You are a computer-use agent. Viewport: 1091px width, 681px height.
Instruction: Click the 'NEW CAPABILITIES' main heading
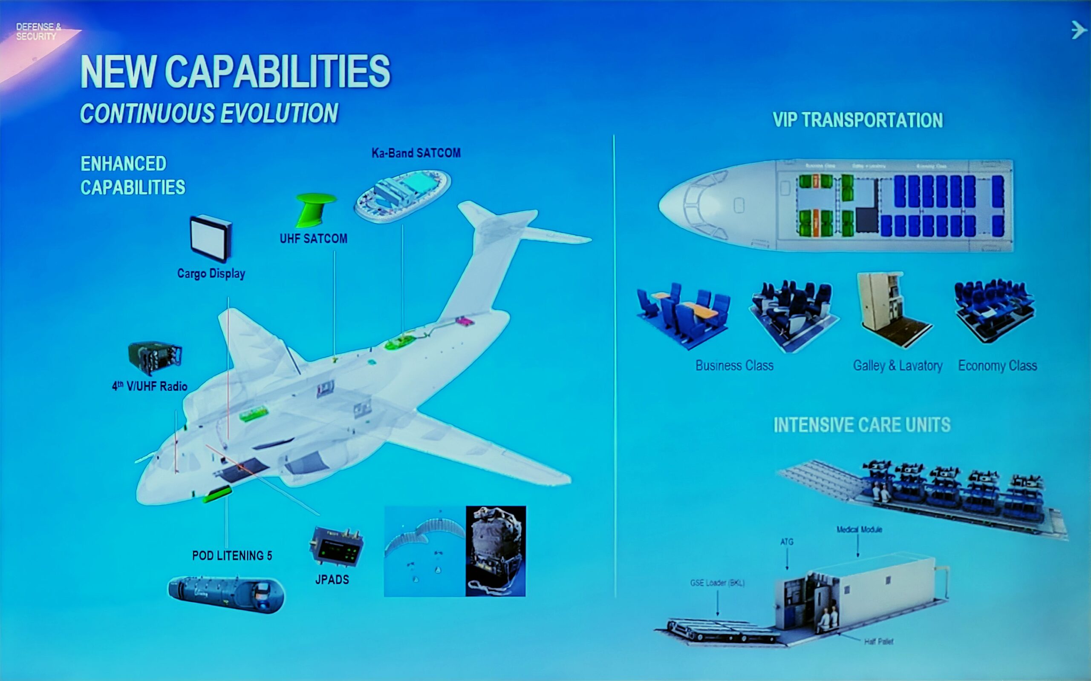pos(235,72)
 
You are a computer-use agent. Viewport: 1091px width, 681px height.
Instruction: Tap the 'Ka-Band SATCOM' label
pos(416,153)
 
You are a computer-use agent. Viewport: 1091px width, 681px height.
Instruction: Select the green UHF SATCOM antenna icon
pos(315,209)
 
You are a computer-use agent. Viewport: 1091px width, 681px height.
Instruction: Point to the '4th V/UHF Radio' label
pos(150,386)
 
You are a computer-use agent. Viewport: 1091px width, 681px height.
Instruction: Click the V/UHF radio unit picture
pos(155,358)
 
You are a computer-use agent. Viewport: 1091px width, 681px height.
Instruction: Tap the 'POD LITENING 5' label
pos(232,556)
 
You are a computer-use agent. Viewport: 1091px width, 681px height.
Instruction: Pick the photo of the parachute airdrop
pos(424,551)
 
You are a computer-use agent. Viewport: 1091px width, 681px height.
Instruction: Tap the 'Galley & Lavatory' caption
pos(898,366)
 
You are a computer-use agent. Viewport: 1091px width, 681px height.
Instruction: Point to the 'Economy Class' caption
pos(997,366)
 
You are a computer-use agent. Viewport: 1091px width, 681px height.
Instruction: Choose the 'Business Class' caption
pos(734,366)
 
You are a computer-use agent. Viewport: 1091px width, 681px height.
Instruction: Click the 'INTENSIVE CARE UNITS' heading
pos(862,425)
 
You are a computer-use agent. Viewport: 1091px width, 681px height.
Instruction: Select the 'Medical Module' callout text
pos(859,529)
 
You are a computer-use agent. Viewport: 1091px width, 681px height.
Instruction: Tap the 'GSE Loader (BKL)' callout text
pos(717,583)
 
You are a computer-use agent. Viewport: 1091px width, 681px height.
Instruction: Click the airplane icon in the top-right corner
pos(1078,30)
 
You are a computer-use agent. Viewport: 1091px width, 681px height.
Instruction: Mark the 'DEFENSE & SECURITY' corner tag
pos(38,31)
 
